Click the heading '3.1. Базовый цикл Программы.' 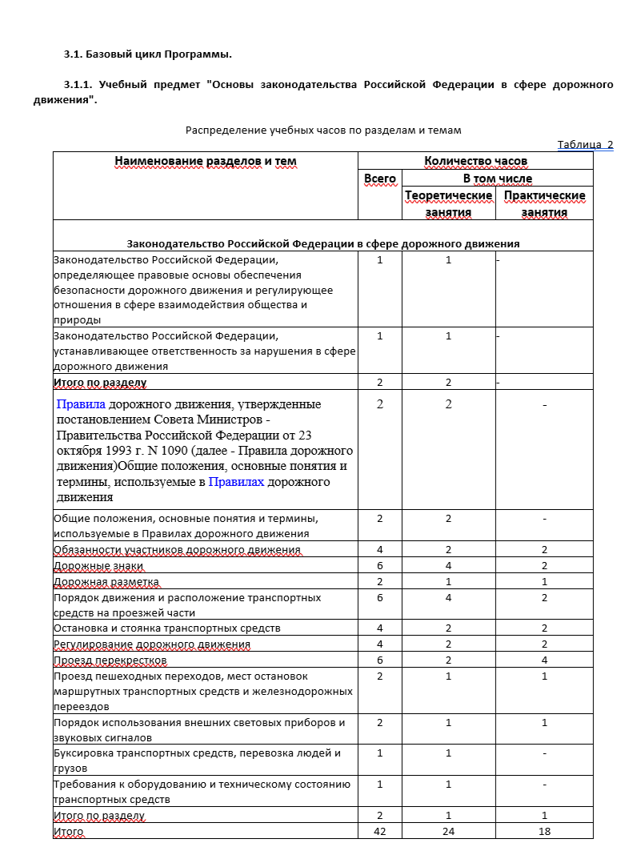147,54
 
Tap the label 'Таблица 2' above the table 584,144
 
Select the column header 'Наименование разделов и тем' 205,161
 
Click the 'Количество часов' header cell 475,161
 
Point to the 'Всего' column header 379,179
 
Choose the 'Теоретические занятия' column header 448,203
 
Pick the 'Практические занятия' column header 544,203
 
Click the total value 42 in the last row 379,832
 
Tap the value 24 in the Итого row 448,832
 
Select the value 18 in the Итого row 544,832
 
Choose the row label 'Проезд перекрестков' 110,660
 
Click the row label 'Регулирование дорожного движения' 151,644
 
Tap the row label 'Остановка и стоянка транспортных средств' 166,628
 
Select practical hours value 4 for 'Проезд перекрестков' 544,660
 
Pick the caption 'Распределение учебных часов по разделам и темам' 323,130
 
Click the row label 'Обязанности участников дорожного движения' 177,550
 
